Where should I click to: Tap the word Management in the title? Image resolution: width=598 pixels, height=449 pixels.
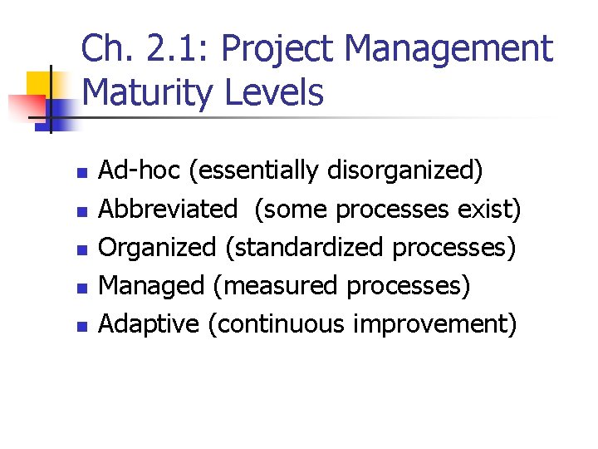(x=448, y=49)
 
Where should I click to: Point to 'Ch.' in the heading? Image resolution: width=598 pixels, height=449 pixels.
(x=105, y=49)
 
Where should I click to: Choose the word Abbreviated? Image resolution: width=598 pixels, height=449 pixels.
(x=168, y=210)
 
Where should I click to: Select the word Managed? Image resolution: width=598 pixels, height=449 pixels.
(x=152, y=286)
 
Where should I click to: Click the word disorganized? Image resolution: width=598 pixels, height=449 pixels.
(x=405, y=171)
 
